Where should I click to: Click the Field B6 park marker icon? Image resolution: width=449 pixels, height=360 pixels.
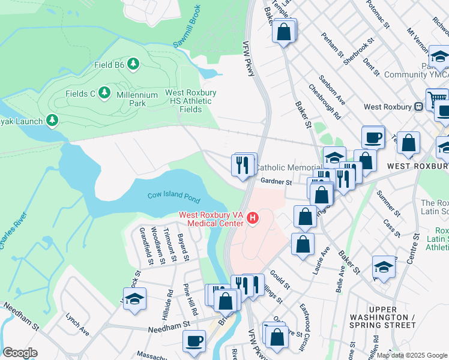(133, 64)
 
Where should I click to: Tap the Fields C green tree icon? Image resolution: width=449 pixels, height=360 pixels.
(105, 92)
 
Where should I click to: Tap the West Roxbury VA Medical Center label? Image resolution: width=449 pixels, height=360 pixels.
(212, 219)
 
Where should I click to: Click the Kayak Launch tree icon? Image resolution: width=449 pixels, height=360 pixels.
(52, 121)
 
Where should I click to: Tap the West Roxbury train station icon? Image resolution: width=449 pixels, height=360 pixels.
(419, 107)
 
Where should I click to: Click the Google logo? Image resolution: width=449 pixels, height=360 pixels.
(20, 353)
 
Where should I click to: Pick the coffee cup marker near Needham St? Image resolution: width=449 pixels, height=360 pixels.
(194, 341)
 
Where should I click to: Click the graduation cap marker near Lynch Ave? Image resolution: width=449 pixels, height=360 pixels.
(135, 298)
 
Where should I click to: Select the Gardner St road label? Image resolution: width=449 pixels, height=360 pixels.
(276, 182)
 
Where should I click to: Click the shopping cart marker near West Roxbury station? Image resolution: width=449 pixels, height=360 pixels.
(436, 98)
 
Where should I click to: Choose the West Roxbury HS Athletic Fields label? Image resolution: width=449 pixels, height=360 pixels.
(191, 101)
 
